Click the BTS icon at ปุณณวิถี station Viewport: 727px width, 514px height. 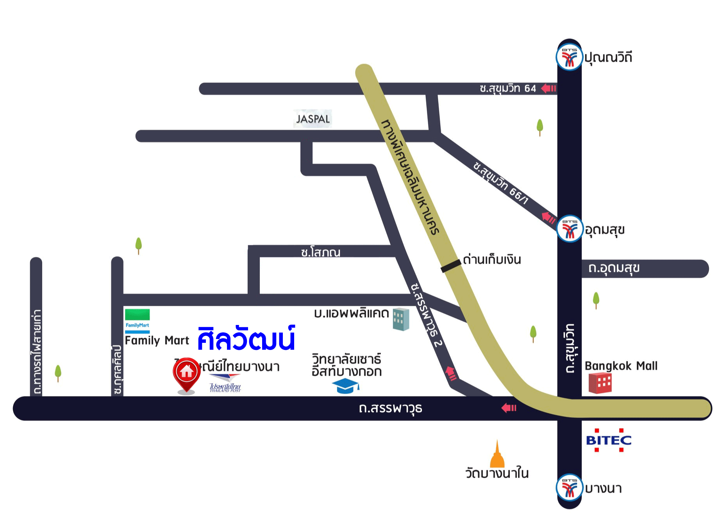pyautogui.click(x=569, y=58)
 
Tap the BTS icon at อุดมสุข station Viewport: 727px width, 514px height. pyautogui.click(x=570, y=229)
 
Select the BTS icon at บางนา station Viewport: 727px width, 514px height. pyautogui.click(x=569, y=487)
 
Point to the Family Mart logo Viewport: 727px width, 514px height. pyautogui.click(x=137, y=321)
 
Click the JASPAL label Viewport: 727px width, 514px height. pyautogui.click(x=313, y=119)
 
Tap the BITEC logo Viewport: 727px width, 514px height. pyautogui.click(x=609, y=440)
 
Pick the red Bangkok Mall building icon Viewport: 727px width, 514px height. pyautogui.click(x=600, y=383)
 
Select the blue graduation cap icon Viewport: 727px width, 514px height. pyautogui.click(x=345, y=386)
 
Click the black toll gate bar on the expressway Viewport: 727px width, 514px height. pyautogui.click(x=451, y=266)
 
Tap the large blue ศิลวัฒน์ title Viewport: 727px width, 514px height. pyautogui.click(x=246, y=339)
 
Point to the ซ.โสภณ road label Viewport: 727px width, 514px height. pyautogui.click(x=321, y=252)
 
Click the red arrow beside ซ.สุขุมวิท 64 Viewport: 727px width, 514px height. pyautogui.click(x=548, y=89)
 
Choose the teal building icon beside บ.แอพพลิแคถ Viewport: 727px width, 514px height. pyautogui.click(x=400, y=319)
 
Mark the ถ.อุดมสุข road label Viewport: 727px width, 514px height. pyautogui.click(x=614, y=268)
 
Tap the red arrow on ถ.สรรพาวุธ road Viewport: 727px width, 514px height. pyautogui.click(x=509, y=408)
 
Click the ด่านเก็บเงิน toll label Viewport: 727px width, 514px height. pyautogui.click(x=492, y=260)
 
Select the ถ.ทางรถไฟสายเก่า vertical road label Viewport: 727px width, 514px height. pyautogui.click(x=37, y=352)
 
